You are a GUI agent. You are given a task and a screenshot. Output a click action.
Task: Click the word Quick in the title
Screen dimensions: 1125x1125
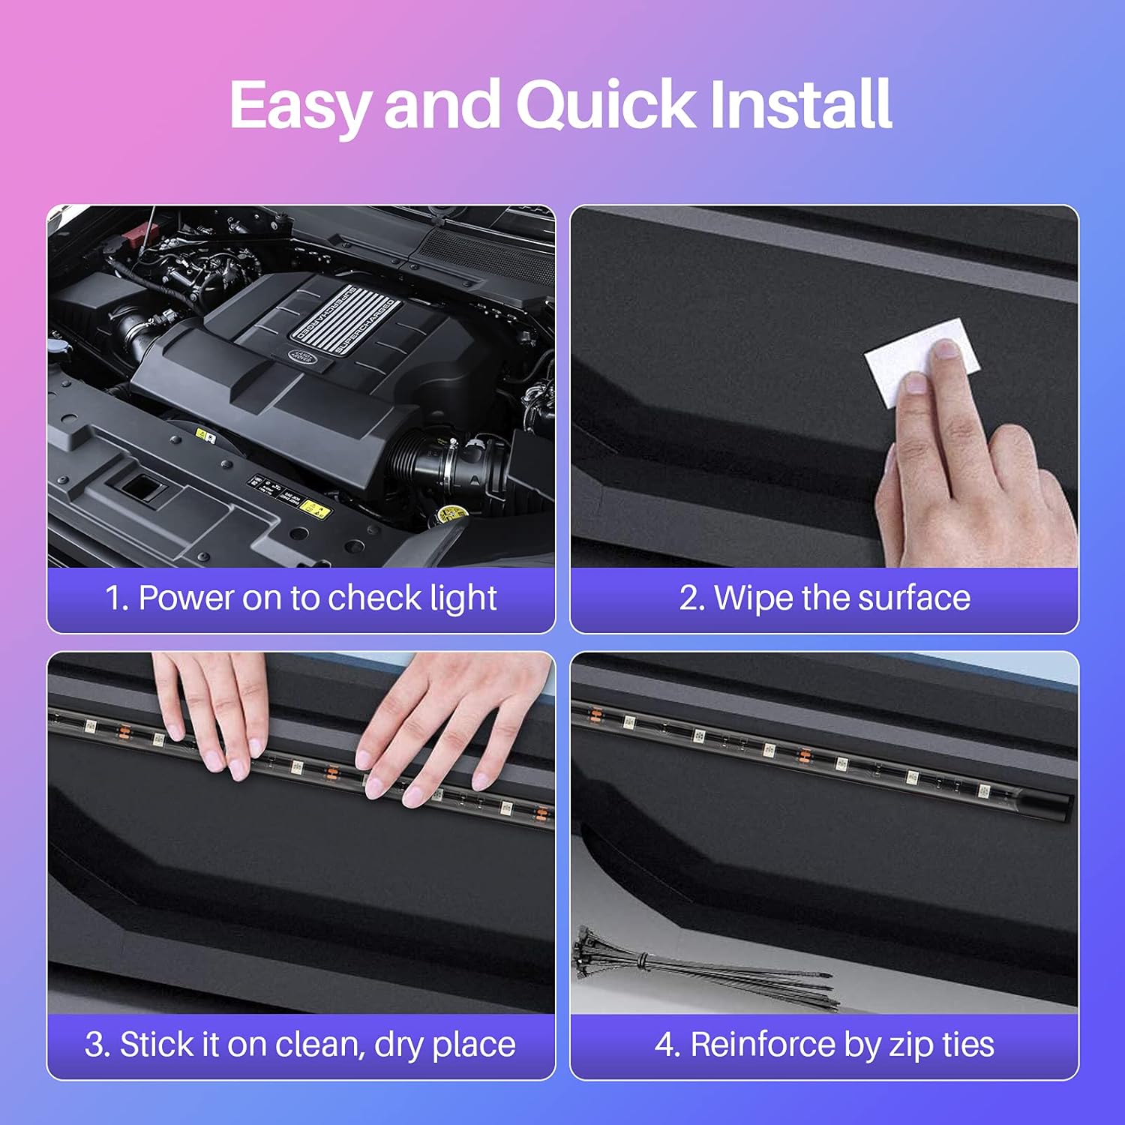tap(606, 105)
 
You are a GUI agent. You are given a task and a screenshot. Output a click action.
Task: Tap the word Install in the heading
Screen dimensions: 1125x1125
tap(800, 105)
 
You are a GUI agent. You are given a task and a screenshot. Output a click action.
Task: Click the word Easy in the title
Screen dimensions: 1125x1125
tap(298, 105)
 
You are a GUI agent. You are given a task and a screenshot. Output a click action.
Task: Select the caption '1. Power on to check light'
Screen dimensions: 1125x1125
tap(301, 598)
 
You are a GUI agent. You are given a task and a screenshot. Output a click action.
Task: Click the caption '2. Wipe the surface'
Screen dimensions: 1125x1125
tap(824, 598)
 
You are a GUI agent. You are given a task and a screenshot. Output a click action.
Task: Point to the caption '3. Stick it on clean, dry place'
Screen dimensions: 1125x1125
tap(301, 1045)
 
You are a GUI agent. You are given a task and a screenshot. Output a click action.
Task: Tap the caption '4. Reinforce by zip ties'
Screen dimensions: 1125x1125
tap(824, 1045)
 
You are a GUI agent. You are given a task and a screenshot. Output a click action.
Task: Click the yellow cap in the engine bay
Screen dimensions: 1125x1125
tap(452, 514)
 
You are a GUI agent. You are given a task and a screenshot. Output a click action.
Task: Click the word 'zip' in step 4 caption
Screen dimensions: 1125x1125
tap(910, 1045)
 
